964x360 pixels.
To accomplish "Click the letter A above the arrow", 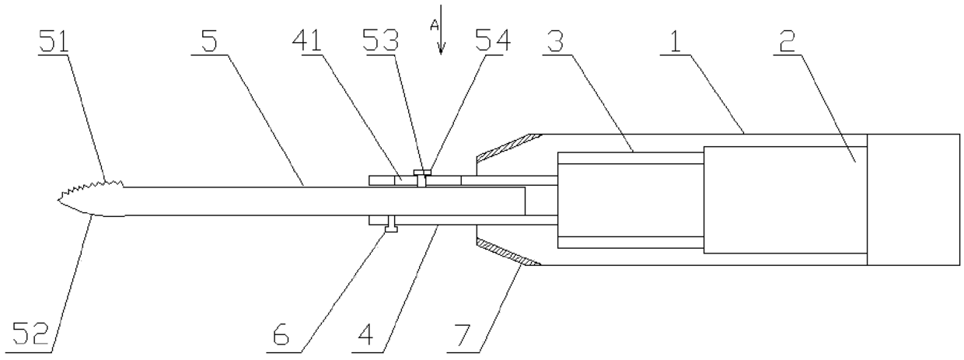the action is click(435, 25).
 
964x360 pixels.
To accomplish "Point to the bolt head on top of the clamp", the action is click(422, 172).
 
